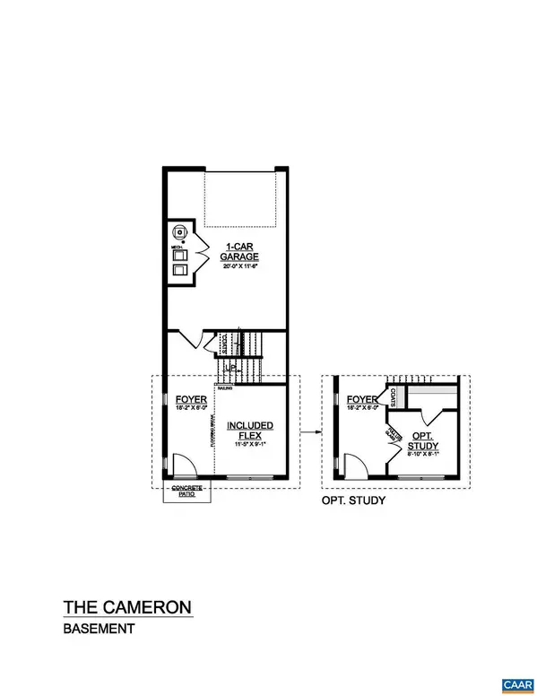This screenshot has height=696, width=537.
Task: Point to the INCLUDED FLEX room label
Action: [250, 431]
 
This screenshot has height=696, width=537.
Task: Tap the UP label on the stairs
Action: [230, 368]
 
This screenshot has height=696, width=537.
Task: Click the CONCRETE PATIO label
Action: [184, 492]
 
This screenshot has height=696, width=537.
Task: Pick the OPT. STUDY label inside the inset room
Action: [421, 440]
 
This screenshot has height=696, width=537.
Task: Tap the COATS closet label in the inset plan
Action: [392, 396]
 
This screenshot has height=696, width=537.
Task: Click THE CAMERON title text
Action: [126, 607]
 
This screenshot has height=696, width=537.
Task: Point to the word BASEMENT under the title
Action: [99, 630]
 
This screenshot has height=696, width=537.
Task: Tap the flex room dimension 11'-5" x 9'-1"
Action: [250, 444]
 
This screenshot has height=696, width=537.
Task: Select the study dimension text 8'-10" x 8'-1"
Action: [421, 454]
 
